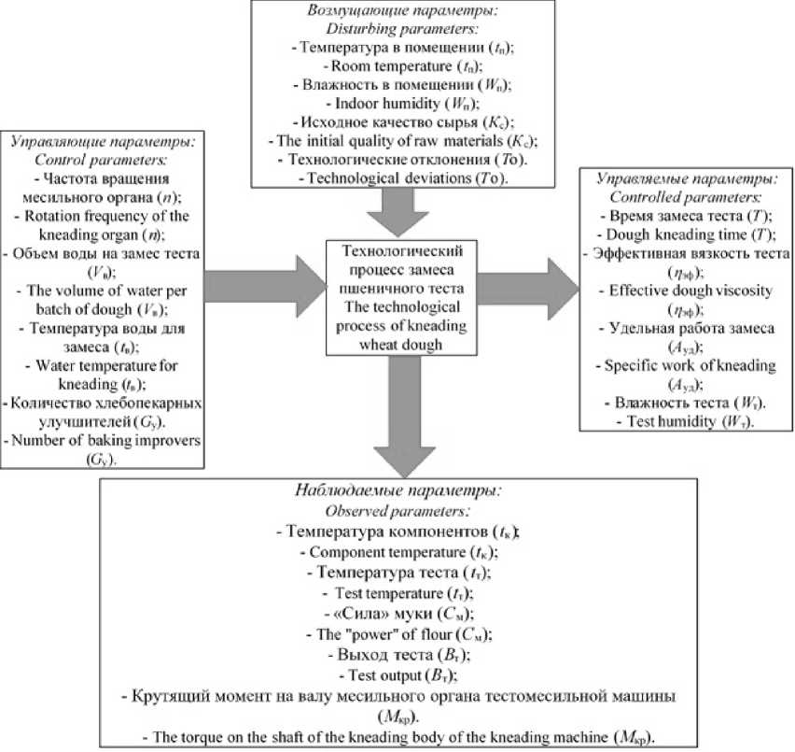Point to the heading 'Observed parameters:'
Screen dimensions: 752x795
[397, 512]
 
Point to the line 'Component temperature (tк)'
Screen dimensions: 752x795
[397, 551]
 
